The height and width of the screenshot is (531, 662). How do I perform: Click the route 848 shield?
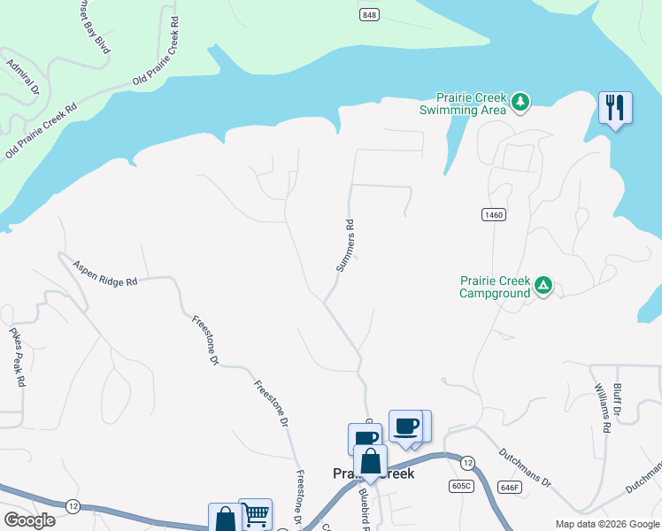pos(369,14)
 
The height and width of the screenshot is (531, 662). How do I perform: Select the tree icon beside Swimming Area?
pos(521,103)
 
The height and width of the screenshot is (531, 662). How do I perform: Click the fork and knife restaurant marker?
pos(614,108)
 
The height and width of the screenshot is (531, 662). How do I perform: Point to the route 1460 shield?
pos(494,215)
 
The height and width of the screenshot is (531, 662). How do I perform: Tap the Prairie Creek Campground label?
pos(495,287)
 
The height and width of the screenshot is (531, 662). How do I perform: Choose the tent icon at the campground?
pos(543,286)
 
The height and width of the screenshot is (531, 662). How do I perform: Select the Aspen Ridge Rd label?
pos(105,273)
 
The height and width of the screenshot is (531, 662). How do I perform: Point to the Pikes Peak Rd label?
pos(18,358)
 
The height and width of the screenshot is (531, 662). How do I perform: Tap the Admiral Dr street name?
pos(23,77)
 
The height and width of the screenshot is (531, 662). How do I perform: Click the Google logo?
pos(29,520)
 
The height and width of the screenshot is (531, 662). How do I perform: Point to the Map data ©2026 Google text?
pos(606,524)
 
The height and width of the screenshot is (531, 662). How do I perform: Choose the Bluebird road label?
pos(364,505)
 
